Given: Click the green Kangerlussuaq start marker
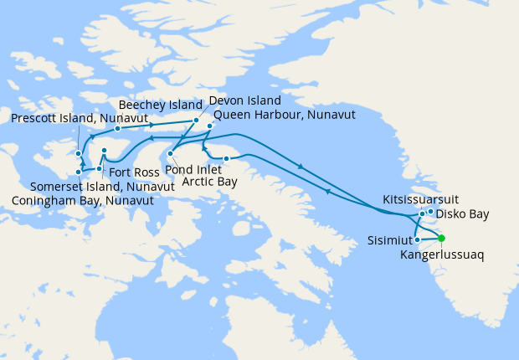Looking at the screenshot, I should click(x=441, y=238).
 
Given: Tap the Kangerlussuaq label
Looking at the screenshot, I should click(x=439, y=253).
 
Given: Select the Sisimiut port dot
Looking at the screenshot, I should click(x=417, y=240).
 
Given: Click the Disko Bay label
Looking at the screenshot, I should click(x=462, y=214).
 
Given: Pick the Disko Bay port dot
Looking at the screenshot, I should click(x=430, y=211).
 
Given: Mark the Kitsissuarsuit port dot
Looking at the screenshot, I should click(x=422, y=213).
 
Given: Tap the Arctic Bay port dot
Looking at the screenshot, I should click(x=226, y=158).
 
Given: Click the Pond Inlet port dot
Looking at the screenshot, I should click(x=170, y=153).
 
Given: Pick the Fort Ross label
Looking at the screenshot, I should click(x=128, y=172).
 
